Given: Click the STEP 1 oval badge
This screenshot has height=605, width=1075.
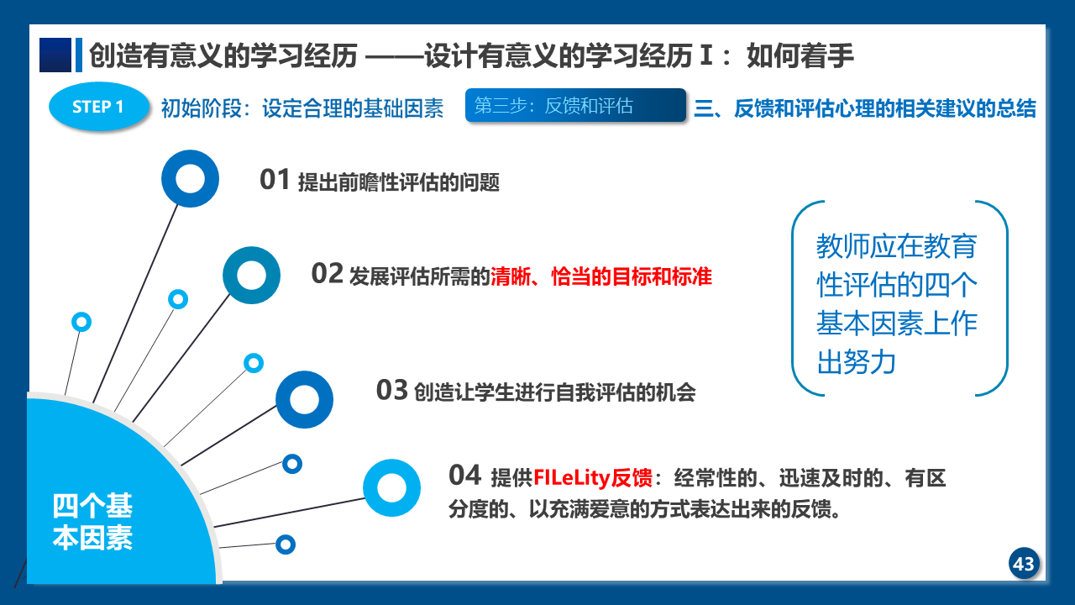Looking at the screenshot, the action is (99, 106).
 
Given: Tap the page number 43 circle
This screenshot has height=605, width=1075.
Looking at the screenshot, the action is (1024, 564).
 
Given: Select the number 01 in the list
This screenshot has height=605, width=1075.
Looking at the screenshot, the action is (275, 180).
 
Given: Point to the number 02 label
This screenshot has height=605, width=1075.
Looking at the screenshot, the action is (327, 273).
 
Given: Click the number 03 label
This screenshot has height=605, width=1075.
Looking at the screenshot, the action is (392, 390).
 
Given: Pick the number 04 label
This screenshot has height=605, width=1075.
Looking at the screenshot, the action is (464, 475).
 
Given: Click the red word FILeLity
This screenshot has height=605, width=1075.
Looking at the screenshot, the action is (572, 478).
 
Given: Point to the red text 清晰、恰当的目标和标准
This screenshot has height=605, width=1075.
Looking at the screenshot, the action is (601, 276).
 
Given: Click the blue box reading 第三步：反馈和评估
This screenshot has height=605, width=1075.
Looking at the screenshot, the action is (575, 105).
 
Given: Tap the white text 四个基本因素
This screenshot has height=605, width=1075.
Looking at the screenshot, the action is (92, 522).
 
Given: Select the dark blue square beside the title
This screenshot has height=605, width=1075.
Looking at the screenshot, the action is (55, 55).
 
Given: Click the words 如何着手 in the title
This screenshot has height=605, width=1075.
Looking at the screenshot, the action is (800, 55).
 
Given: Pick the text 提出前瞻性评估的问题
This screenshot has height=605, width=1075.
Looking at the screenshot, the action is (399, 182).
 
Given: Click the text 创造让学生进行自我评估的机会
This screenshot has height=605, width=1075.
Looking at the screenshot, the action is (555, 392).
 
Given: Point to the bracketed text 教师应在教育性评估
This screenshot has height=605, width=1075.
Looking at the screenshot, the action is (897, 265).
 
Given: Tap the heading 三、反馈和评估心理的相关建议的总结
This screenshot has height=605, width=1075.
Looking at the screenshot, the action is (865, 108).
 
